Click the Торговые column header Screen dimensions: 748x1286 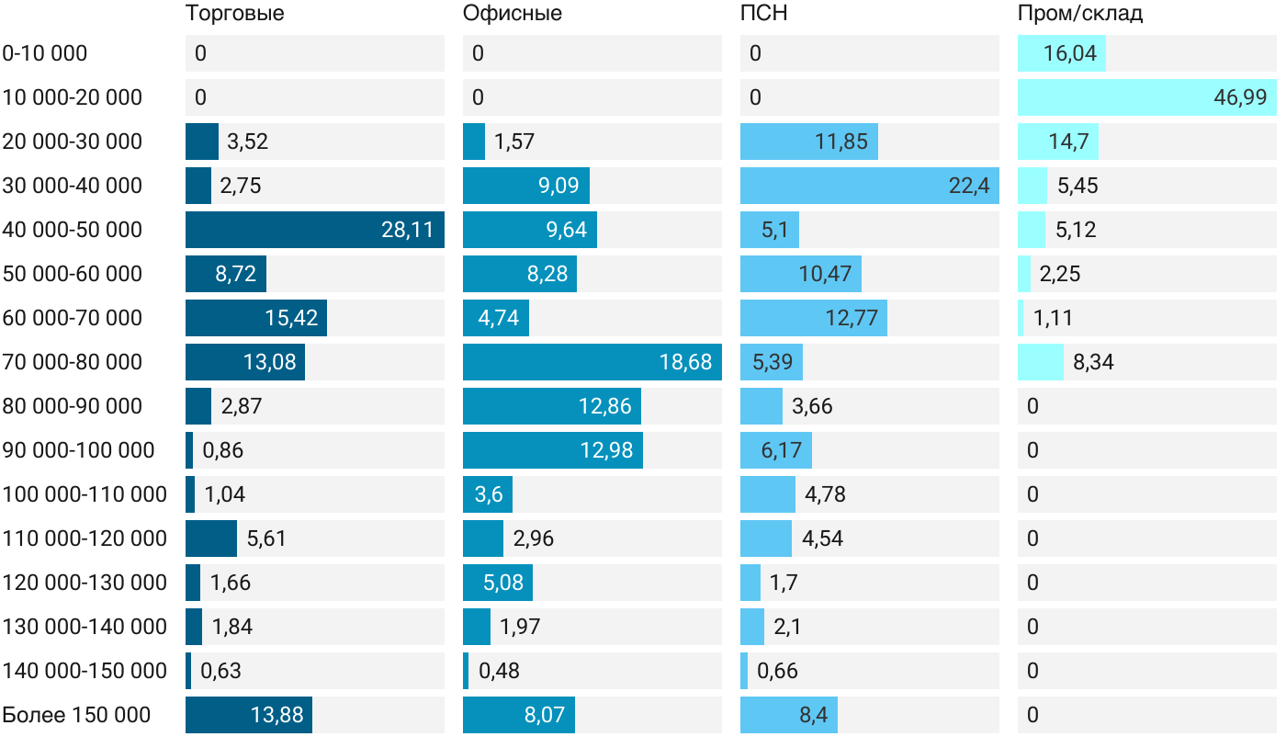tap(234, 14)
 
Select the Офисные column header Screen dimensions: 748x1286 tap(512, 14)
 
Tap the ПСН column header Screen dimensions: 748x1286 tap(763, 14)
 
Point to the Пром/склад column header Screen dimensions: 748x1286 tap(1079, 14)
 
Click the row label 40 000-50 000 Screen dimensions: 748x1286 tap(73, 230)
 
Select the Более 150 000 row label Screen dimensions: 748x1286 tap(76, 715)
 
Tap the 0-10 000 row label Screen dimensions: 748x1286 tap(45, 53)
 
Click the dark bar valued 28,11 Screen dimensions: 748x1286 tap(314, 230)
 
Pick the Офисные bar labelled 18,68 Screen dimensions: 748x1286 tap(592, 362)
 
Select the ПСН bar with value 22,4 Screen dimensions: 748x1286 tap(869, 186)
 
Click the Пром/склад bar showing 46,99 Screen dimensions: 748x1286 tap(1146, 97)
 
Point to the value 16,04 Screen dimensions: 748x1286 tap(1070, 53)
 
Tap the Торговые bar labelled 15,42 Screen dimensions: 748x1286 tap(255, 318)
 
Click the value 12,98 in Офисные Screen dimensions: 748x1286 tap(605, 450)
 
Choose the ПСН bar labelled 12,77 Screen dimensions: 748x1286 tap(813, 318)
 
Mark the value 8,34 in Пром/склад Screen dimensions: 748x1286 tap(1093, 362)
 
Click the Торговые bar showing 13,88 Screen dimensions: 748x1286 tap(248, 715)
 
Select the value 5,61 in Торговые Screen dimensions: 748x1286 tap(266, 538)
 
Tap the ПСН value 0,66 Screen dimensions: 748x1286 tap(777, 671)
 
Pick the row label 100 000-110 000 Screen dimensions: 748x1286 tap(85, 494)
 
